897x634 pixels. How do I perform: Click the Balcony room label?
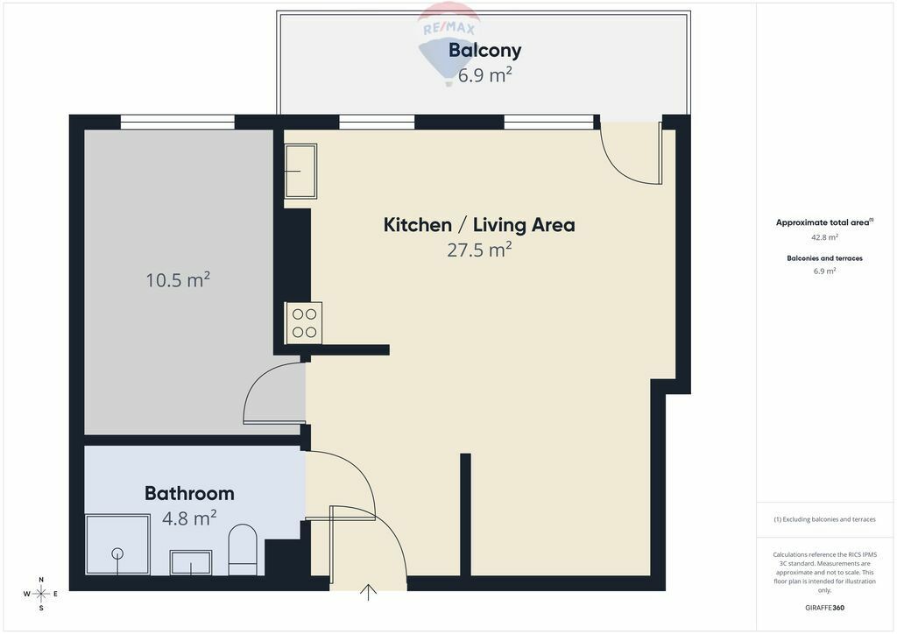484,51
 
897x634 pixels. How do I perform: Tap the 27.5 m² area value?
479,250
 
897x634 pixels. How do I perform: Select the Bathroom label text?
189,493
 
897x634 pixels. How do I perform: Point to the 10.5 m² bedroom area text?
178,279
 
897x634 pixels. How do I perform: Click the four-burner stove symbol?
304,323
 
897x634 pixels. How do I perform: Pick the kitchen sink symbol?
301,171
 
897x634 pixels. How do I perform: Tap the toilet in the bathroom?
243,549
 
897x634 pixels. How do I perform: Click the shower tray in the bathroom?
118,545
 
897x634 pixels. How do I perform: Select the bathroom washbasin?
191,562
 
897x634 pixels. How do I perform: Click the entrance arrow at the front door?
369,592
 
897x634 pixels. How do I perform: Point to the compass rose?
41,594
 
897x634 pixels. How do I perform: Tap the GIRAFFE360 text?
824,608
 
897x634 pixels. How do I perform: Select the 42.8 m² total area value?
824,237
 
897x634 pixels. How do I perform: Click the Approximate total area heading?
824,222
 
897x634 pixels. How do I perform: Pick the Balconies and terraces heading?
824,258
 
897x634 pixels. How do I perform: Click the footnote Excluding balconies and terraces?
824,519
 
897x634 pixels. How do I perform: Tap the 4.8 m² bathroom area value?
189,518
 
